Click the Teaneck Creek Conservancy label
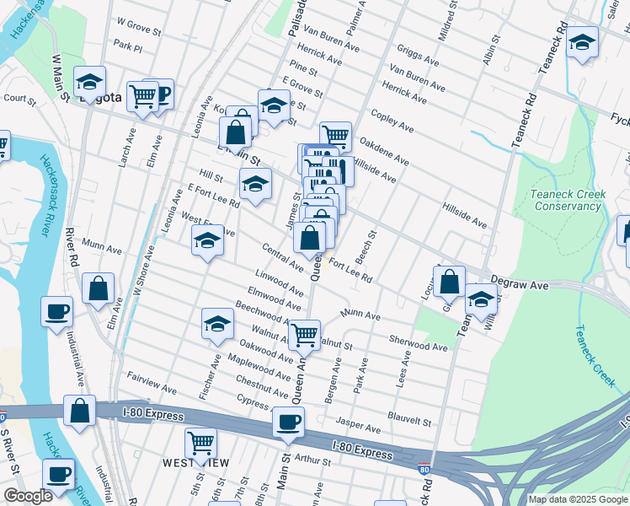coord(568,200)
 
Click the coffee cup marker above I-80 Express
coord(288,423)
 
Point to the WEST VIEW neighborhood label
coord(192,463)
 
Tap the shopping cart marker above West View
coord(200,442)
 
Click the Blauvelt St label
coord(409,417)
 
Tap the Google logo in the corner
coord(28,496)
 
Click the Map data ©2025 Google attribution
coord(577,499)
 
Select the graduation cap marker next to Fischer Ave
coord(217,324)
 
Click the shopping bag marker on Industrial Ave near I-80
coord(80,412)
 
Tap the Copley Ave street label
coord(392,121)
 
